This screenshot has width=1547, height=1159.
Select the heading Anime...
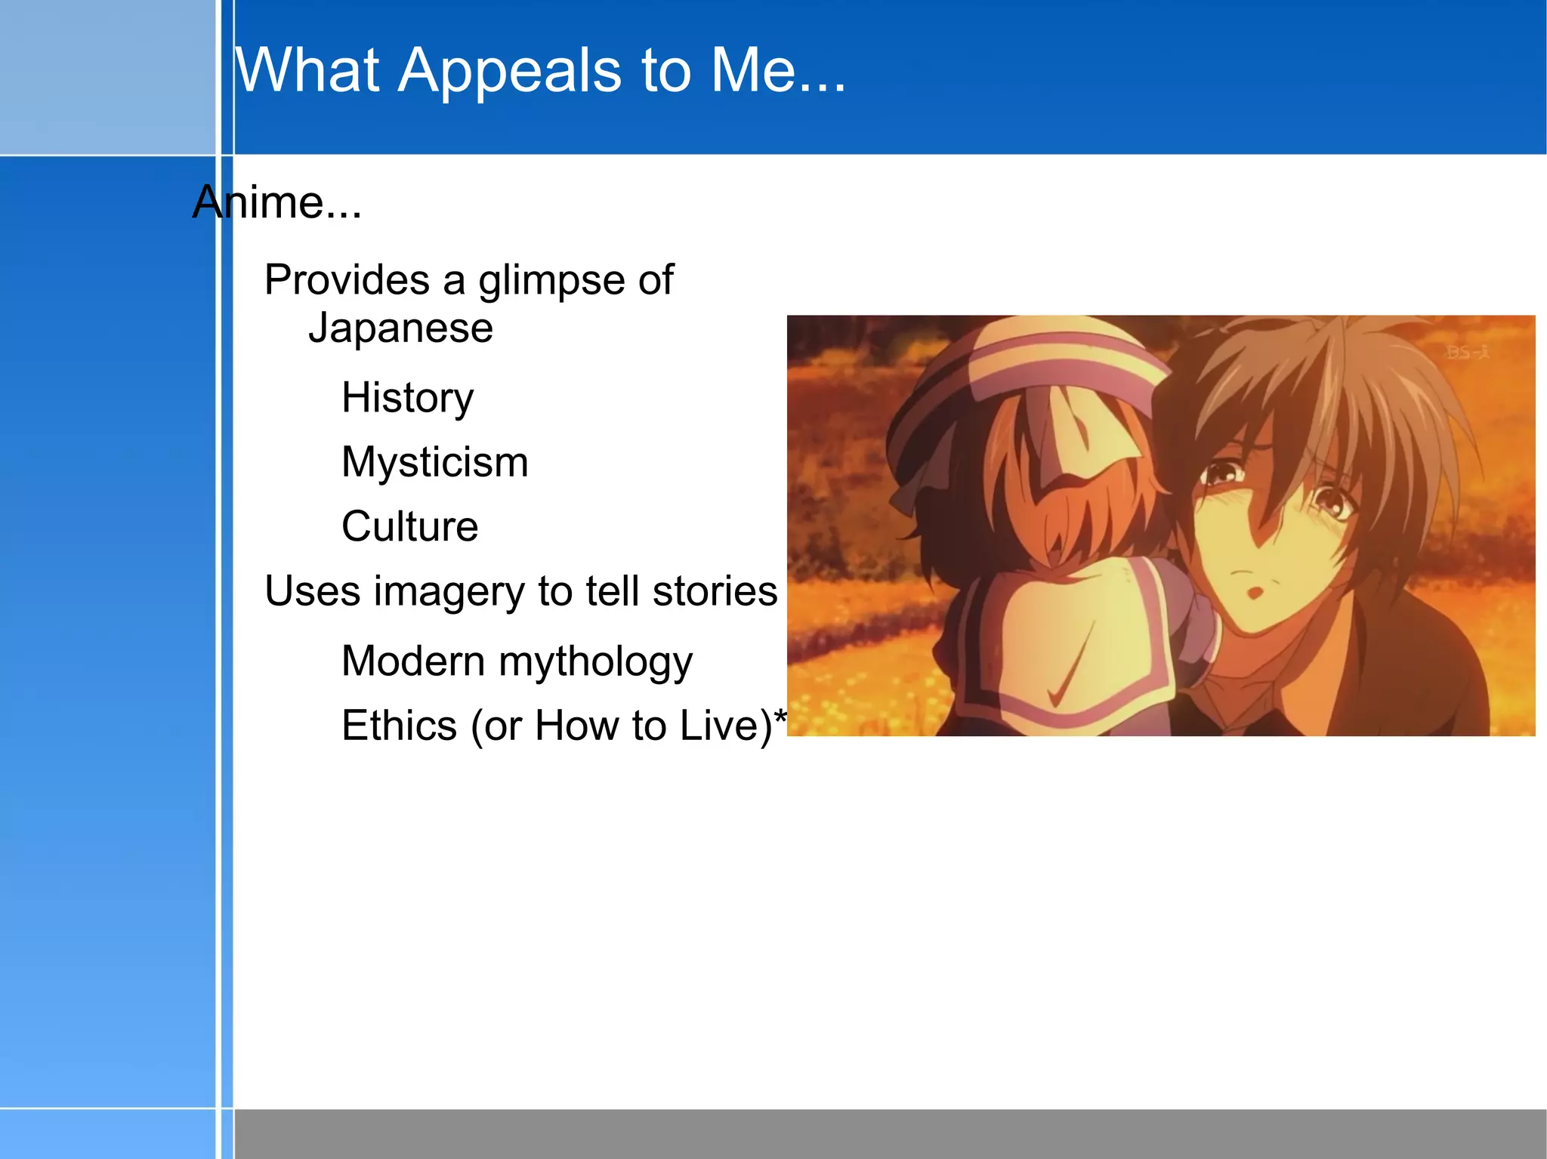pos(276,202)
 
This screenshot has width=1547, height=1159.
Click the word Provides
pos(347,280)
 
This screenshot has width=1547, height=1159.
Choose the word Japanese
pos(400,328)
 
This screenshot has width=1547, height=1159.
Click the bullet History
pos(407,398)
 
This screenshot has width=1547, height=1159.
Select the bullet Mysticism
pos(434,462)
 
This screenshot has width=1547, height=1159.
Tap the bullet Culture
pos(409,526)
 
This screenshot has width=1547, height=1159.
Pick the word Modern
pos(412,661)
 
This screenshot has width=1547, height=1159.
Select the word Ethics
pos(399,726)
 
